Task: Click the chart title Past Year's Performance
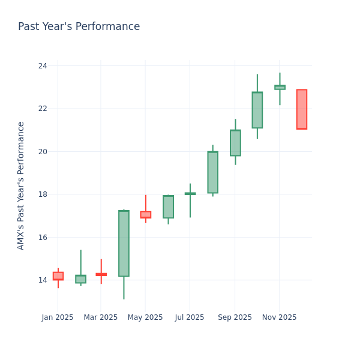pyautogui.click(x=79, y=27)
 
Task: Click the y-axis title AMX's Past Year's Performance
pyautogui.click(x=21, y=185)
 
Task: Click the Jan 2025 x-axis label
pyautogui.click(x=58, y=317)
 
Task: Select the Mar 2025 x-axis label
pyautogui.click(x=101, y=317)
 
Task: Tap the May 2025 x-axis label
pyautogui.click(x=145, y=317)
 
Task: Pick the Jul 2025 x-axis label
pyautogui.click(x=190, y=317)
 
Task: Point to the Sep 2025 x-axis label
pyautogui.click(x=235, y=317)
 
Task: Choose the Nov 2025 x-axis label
pyautogui.click(x=279, y=317)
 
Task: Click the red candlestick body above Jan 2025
pyautogui.click(x=58, y=276)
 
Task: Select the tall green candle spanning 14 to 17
pyautogui.click(x=124, y=243)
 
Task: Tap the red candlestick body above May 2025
pyautogui.click(x=145, y=214)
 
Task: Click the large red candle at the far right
pyautogui.click(x=301, y=109)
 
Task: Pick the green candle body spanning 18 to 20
pyautogui.click(x=212, y=172)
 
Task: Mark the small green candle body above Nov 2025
pyautogui.click(x=280, y=87)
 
